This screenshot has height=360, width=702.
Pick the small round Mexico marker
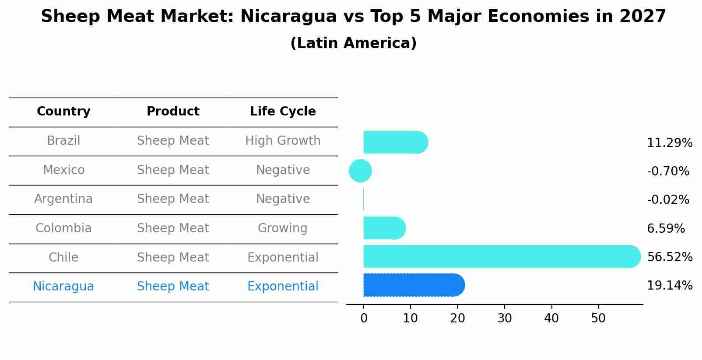[x=360, y=171]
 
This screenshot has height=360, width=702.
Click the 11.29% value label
[x=669, y=143]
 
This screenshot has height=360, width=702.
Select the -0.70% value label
[x=668, y=171]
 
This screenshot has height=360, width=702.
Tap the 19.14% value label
[x=669, y=286]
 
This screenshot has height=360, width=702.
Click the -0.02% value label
[x=668, y=200]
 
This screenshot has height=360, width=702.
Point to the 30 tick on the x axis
[x=504, y=318]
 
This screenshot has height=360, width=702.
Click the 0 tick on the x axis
[x=364, y=318]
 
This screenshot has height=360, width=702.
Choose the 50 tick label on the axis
[x=598, y=318]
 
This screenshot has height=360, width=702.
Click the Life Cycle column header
[x=283, y=112]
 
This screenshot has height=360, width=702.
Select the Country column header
[x=63, y=112]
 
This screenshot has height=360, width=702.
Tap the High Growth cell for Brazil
[x=283, y=141]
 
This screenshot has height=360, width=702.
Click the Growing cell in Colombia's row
[x=283, y=228]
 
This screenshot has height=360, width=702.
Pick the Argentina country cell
[x=63, y=199]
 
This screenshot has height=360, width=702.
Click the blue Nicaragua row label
[x=63, y=287]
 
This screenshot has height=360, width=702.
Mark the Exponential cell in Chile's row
[x=283, y=258]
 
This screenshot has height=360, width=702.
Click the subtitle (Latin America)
[x=353, y=43]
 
